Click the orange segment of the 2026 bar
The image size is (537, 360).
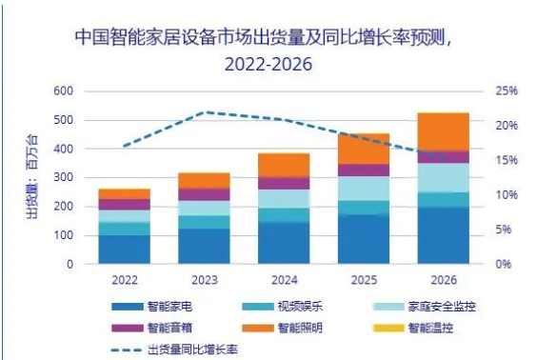443,131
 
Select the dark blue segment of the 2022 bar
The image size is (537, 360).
124,249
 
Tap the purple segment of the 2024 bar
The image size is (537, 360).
284,183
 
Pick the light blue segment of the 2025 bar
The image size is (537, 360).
364,189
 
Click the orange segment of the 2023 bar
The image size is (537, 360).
204,181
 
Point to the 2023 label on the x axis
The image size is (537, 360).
204,279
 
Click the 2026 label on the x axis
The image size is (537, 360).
443,279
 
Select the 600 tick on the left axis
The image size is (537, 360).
63,91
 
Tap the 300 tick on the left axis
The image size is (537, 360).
63,178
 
